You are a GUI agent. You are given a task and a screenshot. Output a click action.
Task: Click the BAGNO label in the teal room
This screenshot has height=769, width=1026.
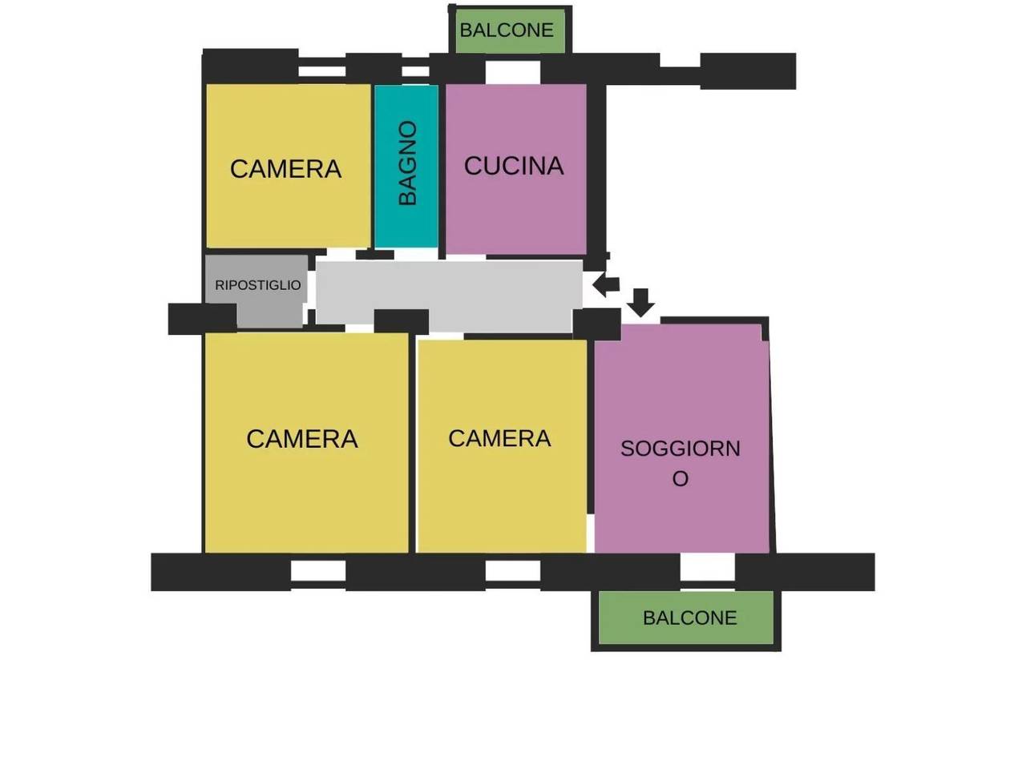pos(407,163)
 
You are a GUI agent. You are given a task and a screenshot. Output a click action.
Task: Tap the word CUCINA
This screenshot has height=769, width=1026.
pos(514,166)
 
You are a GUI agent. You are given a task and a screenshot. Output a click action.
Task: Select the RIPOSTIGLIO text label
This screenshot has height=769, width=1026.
pos(257,285)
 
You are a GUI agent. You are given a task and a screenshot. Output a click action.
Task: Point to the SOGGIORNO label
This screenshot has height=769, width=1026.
pos(680,463)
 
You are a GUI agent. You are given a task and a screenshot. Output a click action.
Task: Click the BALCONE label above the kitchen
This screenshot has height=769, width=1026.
pos(507,30)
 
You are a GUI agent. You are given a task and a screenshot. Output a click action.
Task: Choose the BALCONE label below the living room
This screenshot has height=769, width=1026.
pos(690,618)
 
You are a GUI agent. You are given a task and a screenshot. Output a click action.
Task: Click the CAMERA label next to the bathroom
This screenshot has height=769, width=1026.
pos(285,168)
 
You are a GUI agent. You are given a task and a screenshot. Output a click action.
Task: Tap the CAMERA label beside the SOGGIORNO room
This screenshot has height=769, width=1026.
pos(499,438)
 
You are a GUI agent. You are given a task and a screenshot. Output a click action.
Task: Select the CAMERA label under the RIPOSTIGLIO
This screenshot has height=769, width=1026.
pos(302,439)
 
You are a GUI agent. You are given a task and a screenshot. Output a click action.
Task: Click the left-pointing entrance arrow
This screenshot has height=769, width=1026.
pos(606,284)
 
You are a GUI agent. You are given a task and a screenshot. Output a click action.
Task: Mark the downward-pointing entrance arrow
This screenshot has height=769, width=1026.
pos(640,303)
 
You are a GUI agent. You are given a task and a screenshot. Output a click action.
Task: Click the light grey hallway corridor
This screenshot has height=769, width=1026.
pos(449,292)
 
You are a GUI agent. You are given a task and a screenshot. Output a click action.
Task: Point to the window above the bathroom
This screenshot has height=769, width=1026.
pos(415,71)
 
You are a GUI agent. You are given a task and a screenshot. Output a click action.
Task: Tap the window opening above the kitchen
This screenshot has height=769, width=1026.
pos(513,72)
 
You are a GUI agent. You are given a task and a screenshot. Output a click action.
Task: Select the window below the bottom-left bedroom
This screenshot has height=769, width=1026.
pos(318,571)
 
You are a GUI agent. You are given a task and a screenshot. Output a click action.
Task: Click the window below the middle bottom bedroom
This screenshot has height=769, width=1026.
pos(513,571)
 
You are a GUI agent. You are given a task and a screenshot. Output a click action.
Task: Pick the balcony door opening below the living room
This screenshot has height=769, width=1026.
pos(707,570)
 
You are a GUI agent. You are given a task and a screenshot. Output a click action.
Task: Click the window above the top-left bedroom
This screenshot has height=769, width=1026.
pos(322,71)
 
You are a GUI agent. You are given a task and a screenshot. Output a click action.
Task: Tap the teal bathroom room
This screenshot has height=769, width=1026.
pos(406,166)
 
